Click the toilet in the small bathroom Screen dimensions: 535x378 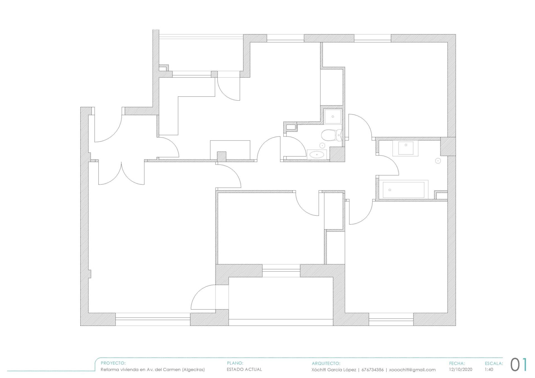tap(332, 136)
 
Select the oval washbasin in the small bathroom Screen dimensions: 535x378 tap(317, 155)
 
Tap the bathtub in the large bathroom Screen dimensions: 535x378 tap(403, 190)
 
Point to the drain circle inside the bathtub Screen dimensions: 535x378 tap(390, 190)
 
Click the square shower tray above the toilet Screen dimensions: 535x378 tap(333, 116)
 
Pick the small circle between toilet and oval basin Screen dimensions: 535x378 tap(322, 145)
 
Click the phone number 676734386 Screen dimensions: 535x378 tap(373, 370)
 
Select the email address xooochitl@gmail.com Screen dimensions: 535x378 tap(412, 370)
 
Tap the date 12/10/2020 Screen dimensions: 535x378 tap(461, 370)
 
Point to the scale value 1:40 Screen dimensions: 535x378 tap(489, 370)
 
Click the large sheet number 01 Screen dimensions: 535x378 tap(519, 365)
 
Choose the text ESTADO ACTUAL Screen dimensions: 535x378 tap(244, 369)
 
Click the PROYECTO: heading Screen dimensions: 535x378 tap(113, 363)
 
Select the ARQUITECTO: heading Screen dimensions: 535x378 tap(326, 363)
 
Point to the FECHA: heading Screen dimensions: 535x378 tap(457, 363)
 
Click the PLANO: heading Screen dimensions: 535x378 tap(235, 363)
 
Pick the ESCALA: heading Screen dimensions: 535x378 tap(494, 363)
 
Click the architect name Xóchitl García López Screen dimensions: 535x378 tap(334, 370)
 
